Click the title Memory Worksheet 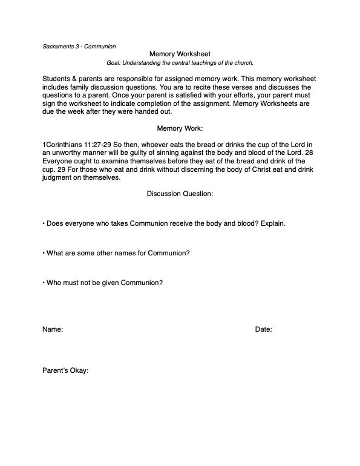(x=180, y=54)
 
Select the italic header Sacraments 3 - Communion (x=79, y=46)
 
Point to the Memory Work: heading (x=180, y=129)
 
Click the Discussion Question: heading (x=180, y=194)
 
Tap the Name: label (x=53, y=330)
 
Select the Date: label (x=263, y=330)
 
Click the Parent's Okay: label (x=66, y=370)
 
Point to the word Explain (x=272, y=223)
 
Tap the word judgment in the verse (x=59, y=179)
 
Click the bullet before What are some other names (x=44, y=252)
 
